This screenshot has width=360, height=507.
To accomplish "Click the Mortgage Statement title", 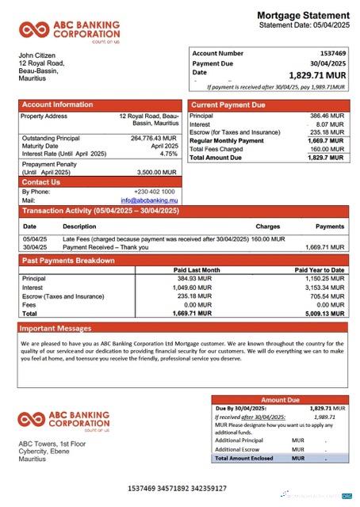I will (x=303, y=15).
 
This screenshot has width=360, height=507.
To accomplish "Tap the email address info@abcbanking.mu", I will (x=148, y=200).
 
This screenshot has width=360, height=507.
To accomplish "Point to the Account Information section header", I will (x=57, y=105).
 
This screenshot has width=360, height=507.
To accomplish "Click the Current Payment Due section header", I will (x=228, y=105).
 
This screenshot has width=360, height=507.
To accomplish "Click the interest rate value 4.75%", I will (x=168, y=154).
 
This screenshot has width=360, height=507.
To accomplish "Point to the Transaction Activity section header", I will (x=94, y=212).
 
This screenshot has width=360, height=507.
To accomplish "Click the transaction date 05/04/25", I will (x=35, y=238).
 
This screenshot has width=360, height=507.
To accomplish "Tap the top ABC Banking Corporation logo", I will (x=70, y=32).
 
